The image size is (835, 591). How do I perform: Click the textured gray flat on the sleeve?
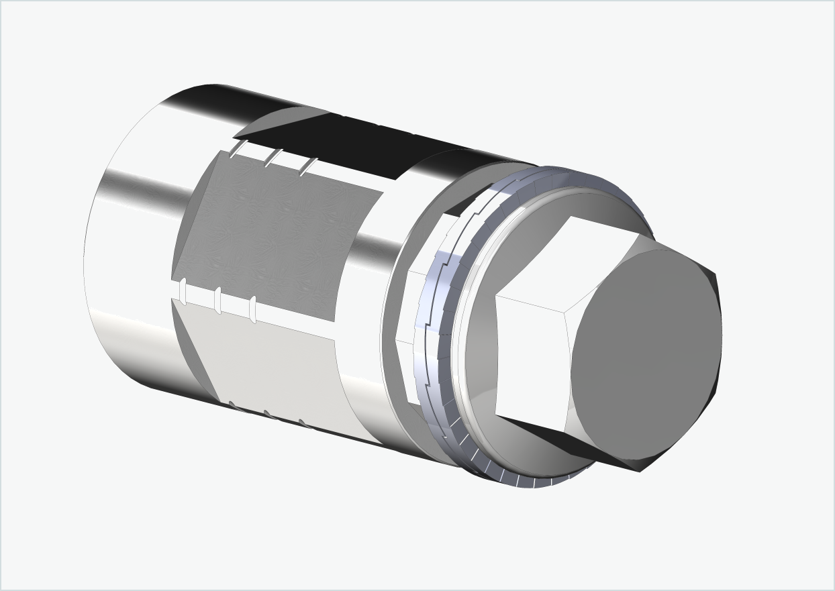click(275, 235)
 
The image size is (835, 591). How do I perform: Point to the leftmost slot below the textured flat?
click(183, 293)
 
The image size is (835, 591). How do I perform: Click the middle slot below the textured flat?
click(217, 301)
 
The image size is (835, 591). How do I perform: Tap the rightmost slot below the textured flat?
click(253, 309)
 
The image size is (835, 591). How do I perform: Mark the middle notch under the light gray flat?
click(267, 413)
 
